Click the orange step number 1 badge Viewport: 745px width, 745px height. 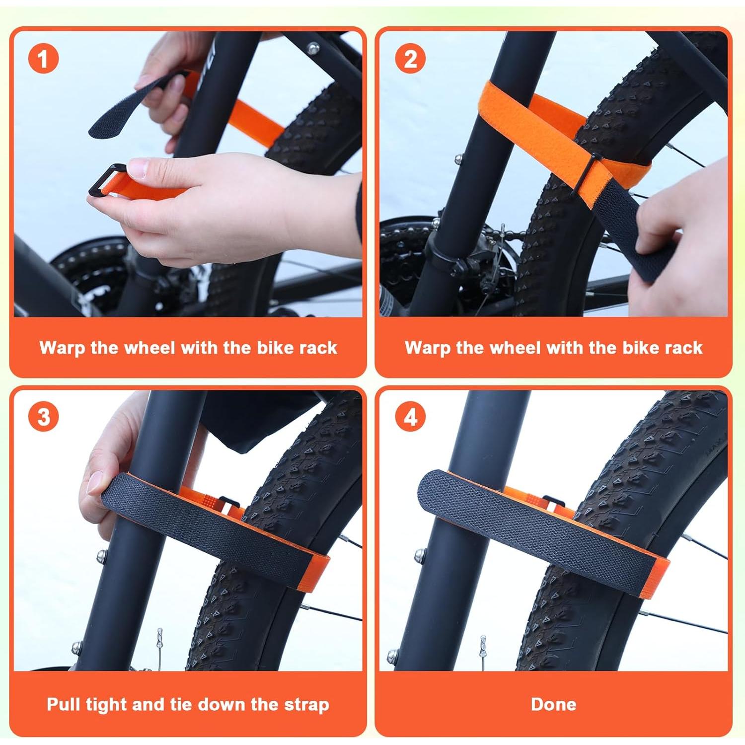[43, 59]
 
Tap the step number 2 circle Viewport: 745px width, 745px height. [410, 59]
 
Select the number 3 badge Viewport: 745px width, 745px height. [43, 416]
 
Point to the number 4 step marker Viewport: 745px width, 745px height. [410, 416]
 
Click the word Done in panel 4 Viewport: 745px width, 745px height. [553, 704]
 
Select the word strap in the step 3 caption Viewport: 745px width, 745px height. [306, 704]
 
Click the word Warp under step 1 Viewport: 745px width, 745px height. [63, 347]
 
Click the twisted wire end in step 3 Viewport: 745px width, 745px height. [159, 641]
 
